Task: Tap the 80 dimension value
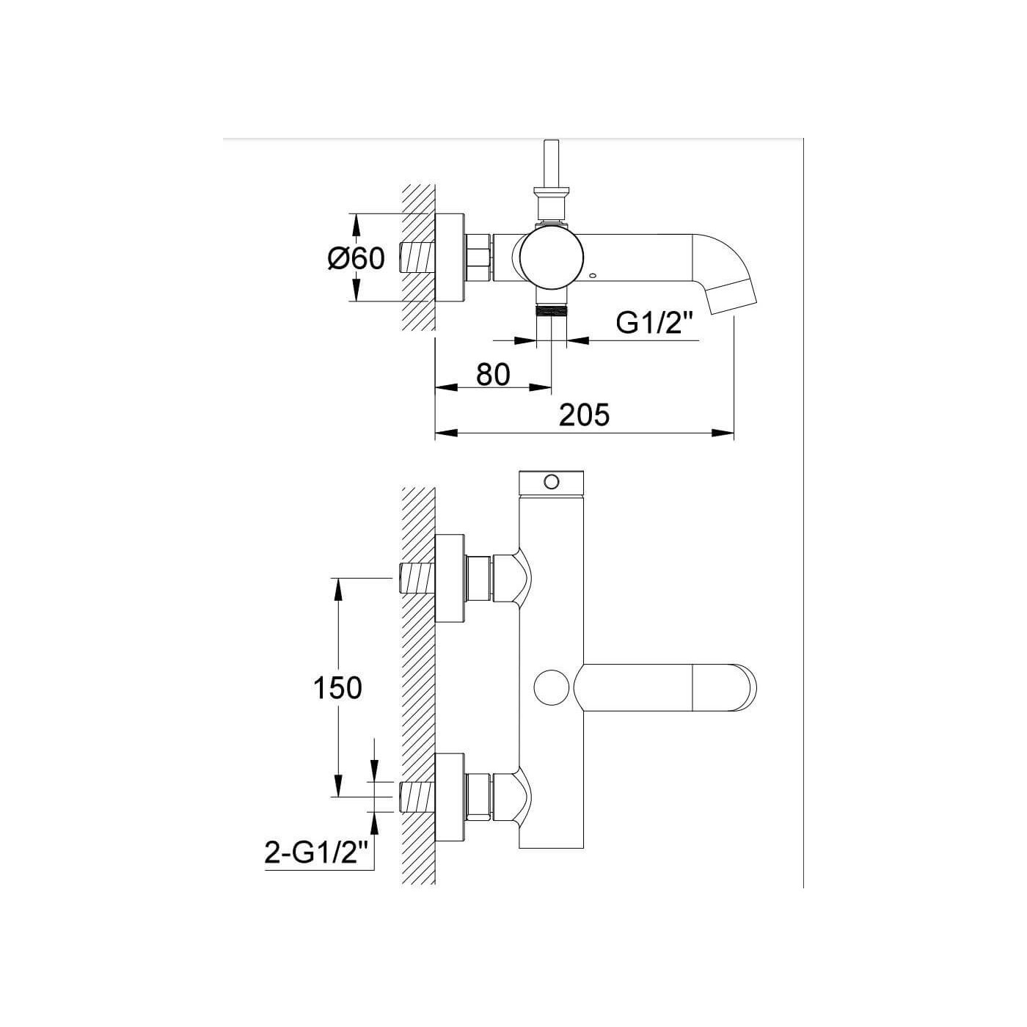[x=493, y=374]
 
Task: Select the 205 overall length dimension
[x=584, y=414]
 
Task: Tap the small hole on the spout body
[x=593, y=276]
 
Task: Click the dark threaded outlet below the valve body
[x=551, y=310]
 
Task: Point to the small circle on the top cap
[x=552, y=482]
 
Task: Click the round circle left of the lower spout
[x=552, y=687]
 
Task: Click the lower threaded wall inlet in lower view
[x=417, y=797]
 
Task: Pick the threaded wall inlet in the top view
[x=417, y=257]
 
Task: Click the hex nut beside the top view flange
[x=480, y=257]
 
